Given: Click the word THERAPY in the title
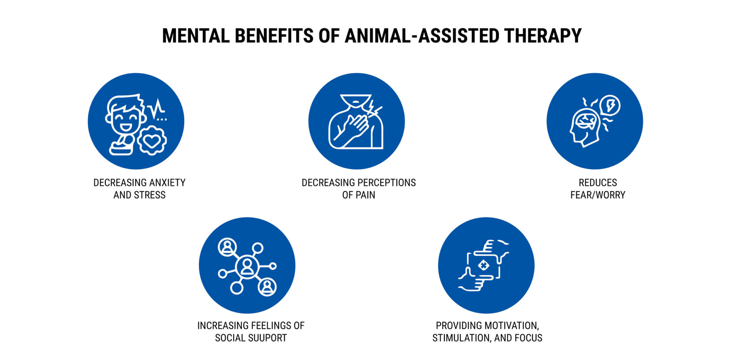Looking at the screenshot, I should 543,36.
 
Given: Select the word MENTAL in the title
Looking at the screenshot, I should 196,36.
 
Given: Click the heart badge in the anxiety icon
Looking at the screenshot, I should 152,141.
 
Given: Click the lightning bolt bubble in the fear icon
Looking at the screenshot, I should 610,105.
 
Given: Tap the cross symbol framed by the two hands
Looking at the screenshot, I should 483,265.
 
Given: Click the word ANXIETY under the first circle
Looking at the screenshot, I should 167,183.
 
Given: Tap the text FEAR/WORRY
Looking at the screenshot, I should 598,195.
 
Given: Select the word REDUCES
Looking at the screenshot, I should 598,183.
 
